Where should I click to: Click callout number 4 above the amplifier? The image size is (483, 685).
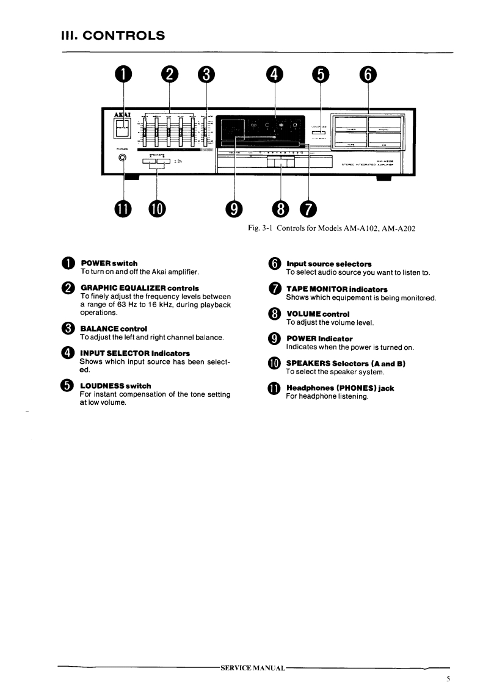click(275, 74)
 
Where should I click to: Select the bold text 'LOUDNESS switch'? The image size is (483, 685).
click(115, 386)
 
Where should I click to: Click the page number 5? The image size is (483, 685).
click(448, 678)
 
